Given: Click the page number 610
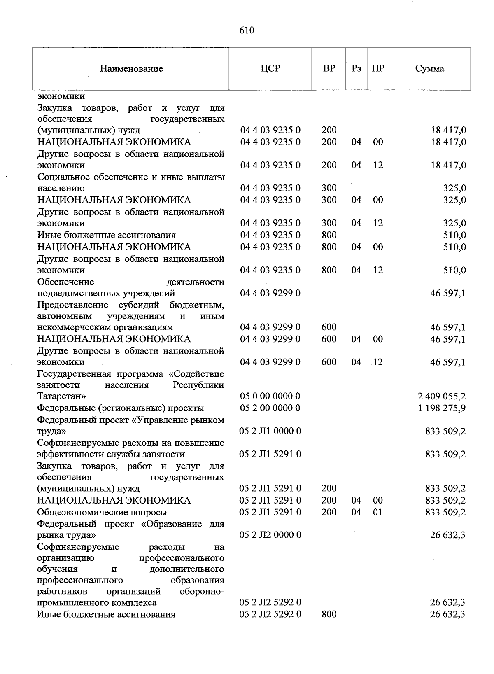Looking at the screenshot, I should point(247,30).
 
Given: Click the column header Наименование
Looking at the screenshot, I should point(131,69).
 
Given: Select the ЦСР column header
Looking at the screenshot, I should point(270,68).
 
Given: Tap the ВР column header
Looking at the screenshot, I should point(329,68).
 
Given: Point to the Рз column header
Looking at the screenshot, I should point(357,68).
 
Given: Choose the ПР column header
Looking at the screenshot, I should point(377,68).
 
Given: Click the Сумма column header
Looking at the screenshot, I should point(429,68).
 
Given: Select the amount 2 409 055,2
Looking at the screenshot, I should point(441,396).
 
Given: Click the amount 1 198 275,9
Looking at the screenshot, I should point(441,408).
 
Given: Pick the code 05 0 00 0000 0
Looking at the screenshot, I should point(270,396).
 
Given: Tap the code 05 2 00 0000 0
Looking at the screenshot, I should point(270,408).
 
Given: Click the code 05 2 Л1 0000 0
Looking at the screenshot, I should point(270,431).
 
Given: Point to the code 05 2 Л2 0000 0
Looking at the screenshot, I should point(270,535).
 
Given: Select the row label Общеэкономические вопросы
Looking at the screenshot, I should point(102,513).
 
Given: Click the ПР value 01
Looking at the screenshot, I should point(377,513).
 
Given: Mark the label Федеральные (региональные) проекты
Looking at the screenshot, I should point(121,408).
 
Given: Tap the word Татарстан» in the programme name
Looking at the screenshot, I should point(62,396).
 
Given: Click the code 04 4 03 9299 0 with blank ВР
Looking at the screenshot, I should point(270,294).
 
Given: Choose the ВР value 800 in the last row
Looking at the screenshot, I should point(329,615).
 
